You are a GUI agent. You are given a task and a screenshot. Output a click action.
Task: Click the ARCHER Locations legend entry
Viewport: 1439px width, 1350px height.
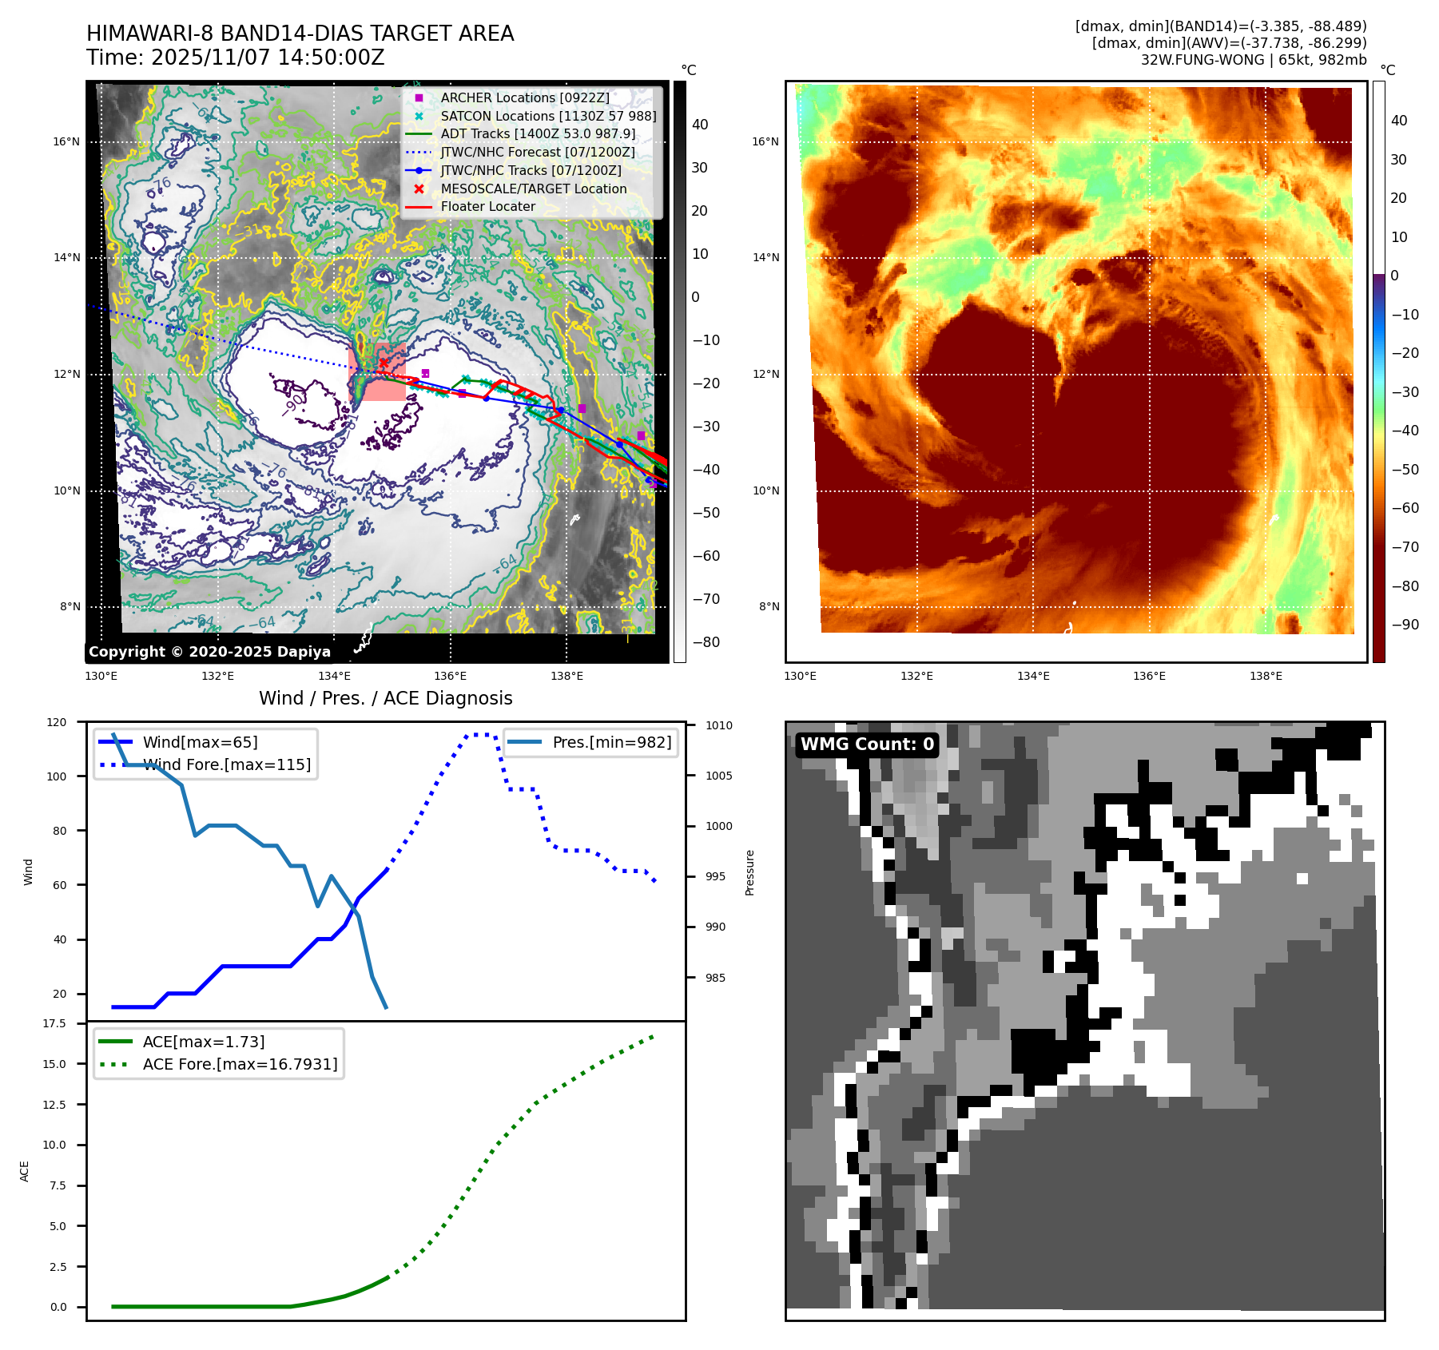(x=524, y=97)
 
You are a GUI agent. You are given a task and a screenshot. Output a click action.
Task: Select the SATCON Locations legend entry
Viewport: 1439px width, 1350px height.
(x=548, y=116)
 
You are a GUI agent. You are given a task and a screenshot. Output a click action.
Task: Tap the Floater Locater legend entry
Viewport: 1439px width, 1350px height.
(x=487, y=206)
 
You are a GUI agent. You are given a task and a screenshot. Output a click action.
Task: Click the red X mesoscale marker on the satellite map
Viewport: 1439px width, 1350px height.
(x=384, y=363)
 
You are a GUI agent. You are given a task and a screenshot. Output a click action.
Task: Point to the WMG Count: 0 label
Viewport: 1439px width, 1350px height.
(x=867, y=744)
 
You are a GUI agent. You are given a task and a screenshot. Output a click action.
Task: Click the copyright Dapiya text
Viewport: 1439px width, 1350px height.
(x=209, y=652)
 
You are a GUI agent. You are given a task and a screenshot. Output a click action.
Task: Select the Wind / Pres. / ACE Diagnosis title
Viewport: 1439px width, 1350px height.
(x=385, y=698)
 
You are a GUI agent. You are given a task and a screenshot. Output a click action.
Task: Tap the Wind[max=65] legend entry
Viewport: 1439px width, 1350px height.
(x=200, y=742)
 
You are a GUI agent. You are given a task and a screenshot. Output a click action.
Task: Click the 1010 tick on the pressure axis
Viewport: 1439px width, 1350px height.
(x=718, y=725)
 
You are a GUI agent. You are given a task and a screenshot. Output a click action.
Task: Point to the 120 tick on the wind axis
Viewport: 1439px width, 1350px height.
(x=57, y=722)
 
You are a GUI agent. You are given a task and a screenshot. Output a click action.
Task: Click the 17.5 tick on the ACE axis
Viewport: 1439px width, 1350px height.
(x=55, y=1023)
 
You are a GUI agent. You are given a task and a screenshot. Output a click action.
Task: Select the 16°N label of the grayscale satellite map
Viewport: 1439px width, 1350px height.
(x=66, y=142)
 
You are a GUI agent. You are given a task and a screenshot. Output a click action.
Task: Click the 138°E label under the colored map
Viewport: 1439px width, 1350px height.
(x=1266, y=677)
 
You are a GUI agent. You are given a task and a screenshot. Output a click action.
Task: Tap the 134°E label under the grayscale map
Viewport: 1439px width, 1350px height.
(x=334, y=677)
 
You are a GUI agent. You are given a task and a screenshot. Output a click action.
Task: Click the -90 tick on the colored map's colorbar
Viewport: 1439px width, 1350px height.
(x=1405, y=625)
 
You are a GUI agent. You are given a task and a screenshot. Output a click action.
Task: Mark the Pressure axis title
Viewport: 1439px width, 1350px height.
(x=749, y=872)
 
